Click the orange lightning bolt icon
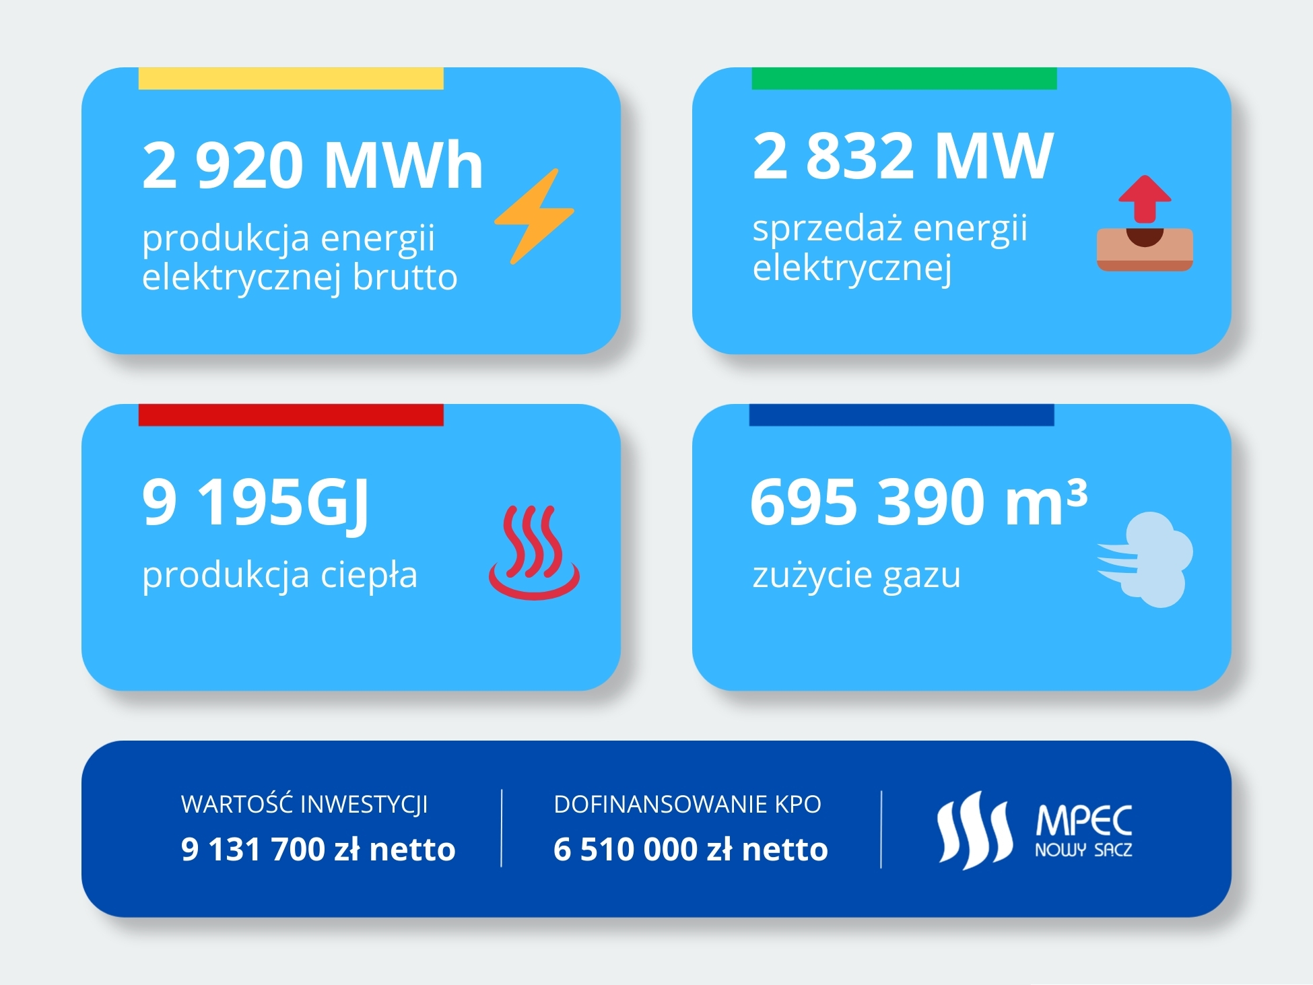click(535, 216)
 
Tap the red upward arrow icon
click(1145, 199)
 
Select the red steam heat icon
click(534, 552)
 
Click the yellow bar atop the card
click(291, 78)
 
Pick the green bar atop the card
click(904, 78)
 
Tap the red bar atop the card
click(291, 415)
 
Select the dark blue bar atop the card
click(902, 415)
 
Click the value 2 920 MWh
click(313, 165)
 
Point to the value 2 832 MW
click(903, 156)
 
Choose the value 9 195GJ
click(256, 504)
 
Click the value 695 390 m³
click(919, 502)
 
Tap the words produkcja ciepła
click(280, 576)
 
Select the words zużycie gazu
click(856, 576)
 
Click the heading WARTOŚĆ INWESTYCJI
click(304, 804)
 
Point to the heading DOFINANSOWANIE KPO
click(687, 805)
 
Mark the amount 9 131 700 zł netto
click(318, 849)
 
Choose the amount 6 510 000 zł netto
click(691, 849)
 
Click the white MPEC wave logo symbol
click(975, 830)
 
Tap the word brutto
click(405, 277)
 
